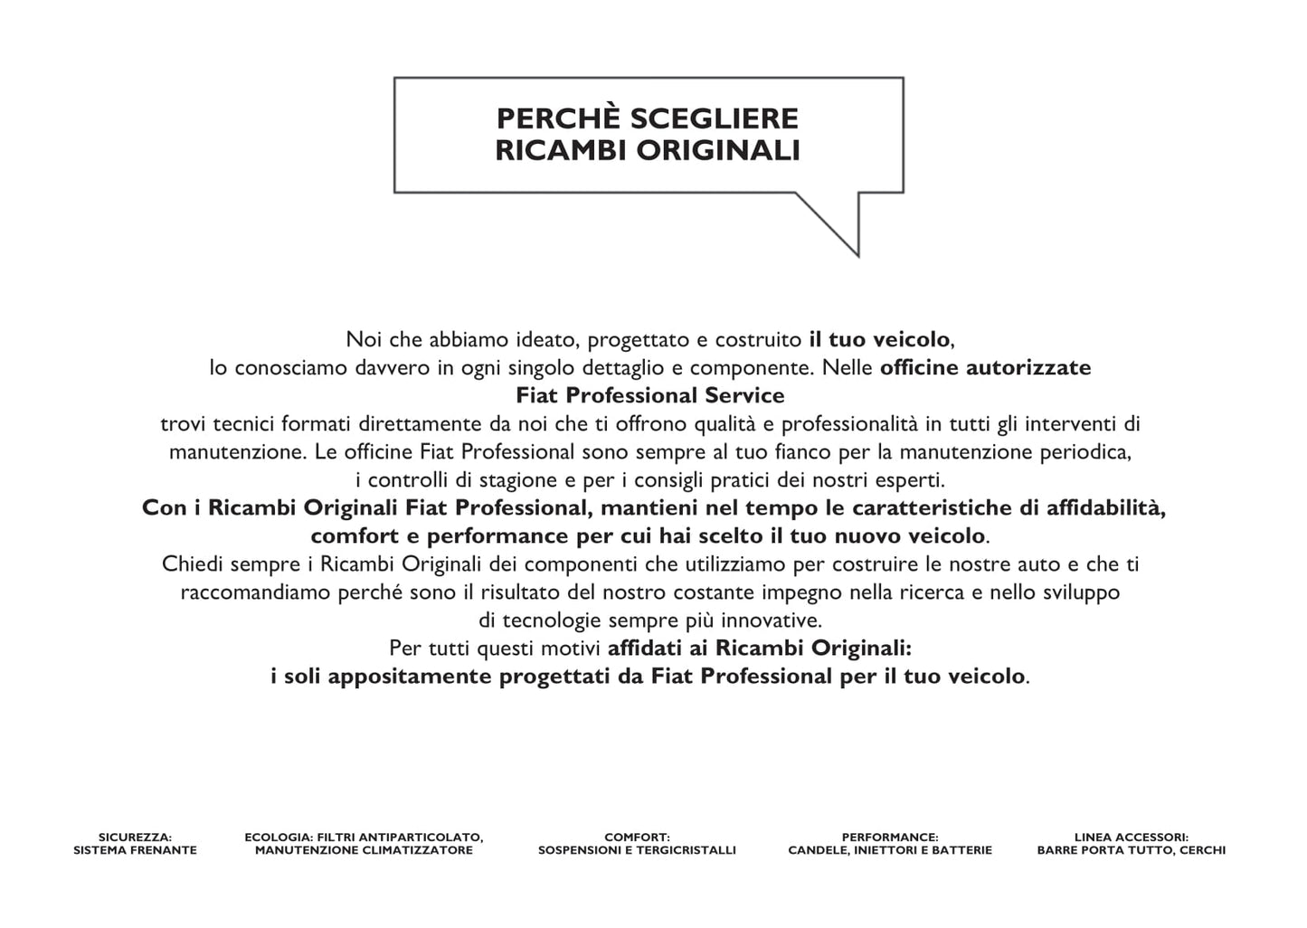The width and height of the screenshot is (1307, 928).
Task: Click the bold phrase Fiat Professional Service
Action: click(x=649, y=395)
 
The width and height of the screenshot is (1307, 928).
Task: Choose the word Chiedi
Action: click(x=193, y=564)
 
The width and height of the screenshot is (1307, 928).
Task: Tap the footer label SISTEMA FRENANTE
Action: click(x=135, y=850)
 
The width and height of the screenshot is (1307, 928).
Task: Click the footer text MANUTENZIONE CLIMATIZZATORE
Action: click(x=364, y=850)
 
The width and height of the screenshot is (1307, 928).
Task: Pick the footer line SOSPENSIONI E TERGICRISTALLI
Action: click(x=637, y=850)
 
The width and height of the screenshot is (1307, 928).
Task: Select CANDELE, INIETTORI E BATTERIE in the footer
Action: click(x=890, y=850)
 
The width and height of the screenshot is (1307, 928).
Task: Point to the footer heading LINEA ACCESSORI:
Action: click(x=1131, y=838)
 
